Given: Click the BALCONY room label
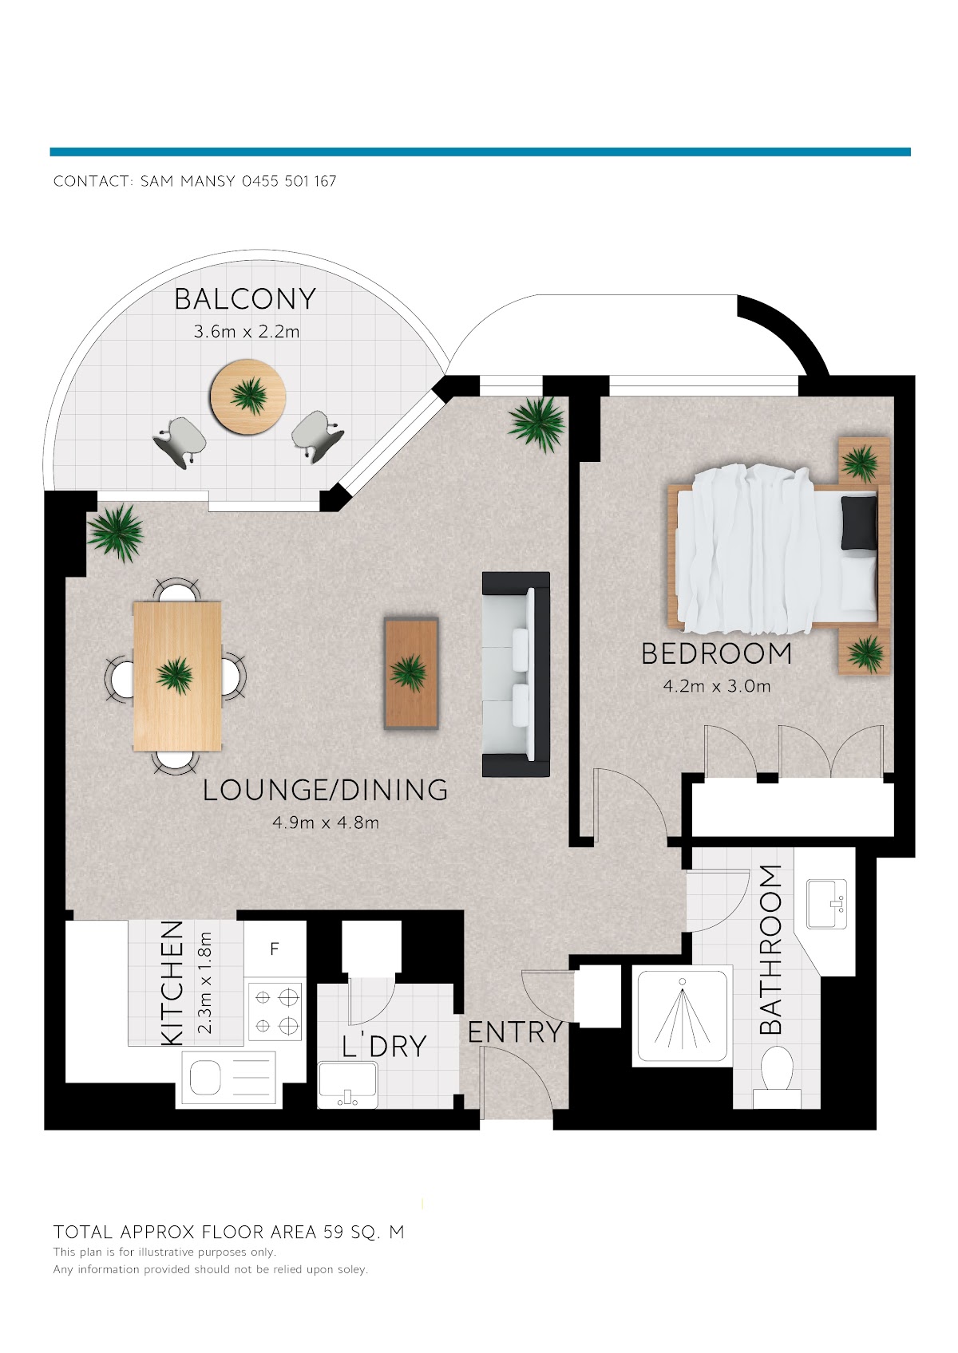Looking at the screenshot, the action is point(245,299).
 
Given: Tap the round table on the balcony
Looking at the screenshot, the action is point(247,396).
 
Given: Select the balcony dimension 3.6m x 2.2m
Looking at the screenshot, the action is point(247,332).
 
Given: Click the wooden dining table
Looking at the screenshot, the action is point(177,676).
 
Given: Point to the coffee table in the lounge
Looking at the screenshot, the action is point(411,673).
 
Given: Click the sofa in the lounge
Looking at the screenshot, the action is point(516,673).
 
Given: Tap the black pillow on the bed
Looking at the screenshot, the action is point(859,523).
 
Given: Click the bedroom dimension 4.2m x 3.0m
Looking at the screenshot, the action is point(717,686).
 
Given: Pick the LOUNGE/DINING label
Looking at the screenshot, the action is point(325,791).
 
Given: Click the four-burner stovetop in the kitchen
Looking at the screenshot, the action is point(275,1011).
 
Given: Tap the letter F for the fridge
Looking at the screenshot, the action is point(275,949).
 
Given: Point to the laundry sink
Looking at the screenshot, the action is point(347,1086).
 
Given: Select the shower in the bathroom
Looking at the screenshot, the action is point(683,1018).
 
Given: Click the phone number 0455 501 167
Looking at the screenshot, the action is point(289,181).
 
